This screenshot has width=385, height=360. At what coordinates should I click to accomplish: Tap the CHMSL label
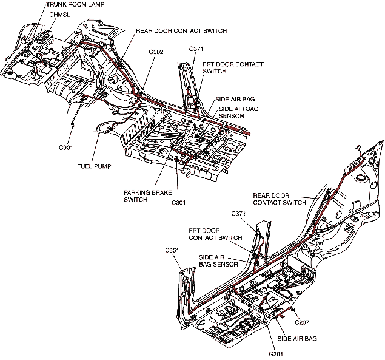point(59,13)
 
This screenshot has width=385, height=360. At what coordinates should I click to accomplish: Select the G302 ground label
point(156,52)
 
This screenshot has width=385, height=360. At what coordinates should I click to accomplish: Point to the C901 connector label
point(66,147)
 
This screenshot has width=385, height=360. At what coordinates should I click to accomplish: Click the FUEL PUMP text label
point(94,166)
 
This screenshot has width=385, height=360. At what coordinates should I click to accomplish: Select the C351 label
point(173,250)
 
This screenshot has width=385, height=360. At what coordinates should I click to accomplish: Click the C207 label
point(302,324)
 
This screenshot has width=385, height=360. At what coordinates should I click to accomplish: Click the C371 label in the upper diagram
point(196,48)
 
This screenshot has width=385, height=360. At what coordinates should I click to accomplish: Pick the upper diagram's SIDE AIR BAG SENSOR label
point(231,112)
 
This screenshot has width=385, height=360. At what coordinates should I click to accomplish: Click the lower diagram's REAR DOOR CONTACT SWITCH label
point(280,199)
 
